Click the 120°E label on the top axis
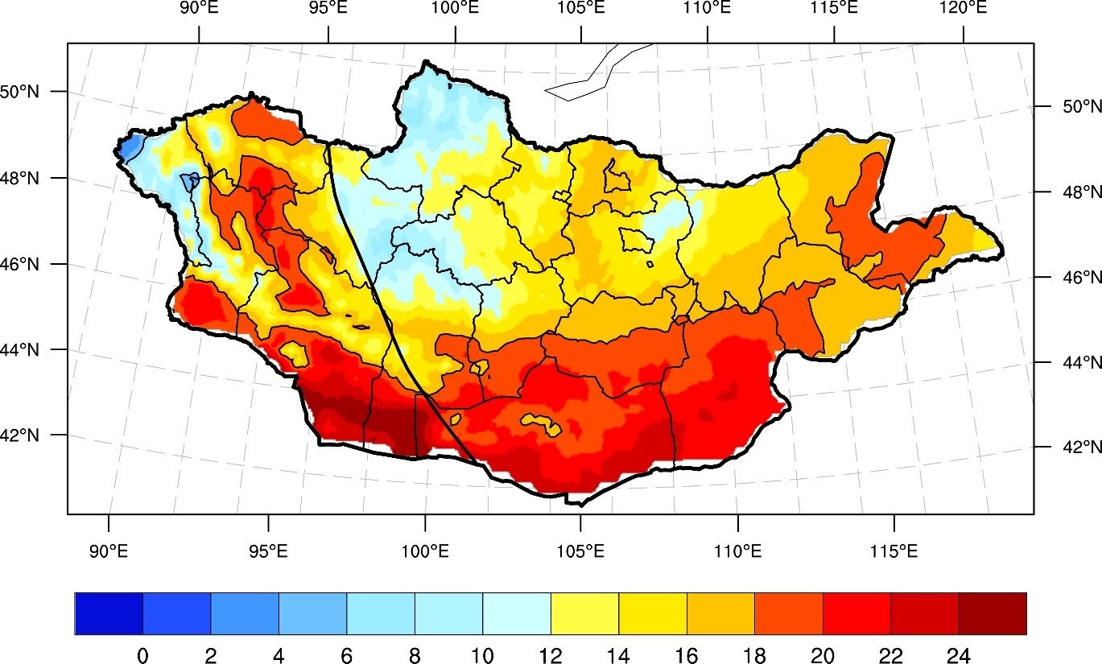(963, 8)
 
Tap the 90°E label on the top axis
(200, 8)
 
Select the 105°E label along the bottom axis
(580, 551)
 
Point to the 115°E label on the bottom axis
(894, 551)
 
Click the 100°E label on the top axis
(455, 8)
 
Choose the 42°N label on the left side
(19, 435)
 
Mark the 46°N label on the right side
(1082, 278)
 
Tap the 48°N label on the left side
(19, 178)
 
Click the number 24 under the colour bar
(959, 656)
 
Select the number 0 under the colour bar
(142, 656)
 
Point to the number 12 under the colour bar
(551, 656)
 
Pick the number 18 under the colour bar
(754, 656)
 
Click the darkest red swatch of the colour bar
(993, 614)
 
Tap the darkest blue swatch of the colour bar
(109, 614)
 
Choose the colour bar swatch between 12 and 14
(584, 614)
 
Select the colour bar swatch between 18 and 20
(789, 614)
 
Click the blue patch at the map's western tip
(130, 146)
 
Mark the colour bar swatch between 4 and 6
(313, 614)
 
